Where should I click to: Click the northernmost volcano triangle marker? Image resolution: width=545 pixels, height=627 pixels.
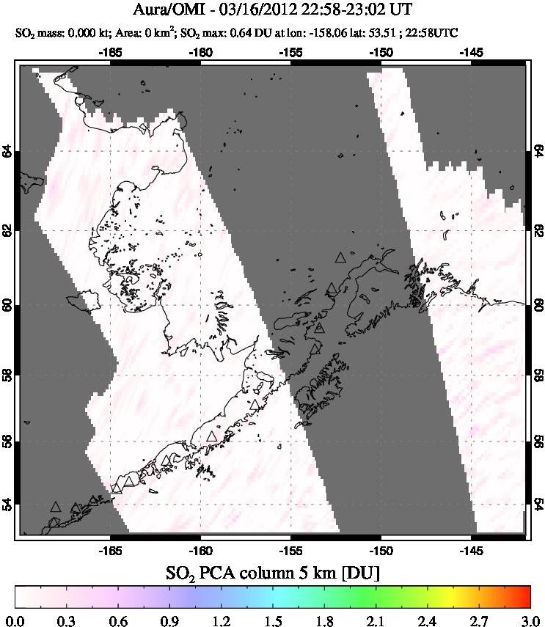click(x=340, y=257)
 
